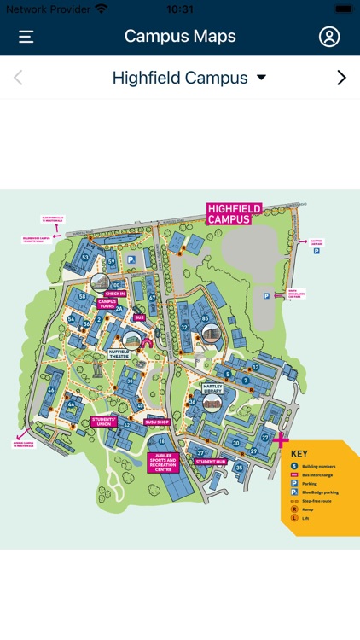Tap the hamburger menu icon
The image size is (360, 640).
[x=26, y=37]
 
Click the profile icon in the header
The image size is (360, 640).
[x=328, y=37]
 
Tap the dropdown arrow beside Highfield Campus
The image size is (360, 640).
[x=261, y=78]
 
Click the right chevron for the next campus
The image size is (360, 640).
[x=341, y=78]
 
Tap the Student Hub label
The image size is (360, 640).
[x=210, y=462]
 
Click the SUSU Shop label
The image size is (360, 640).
[x=158, y=422]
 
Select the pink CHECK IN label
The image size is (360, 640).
[x=115, y=294]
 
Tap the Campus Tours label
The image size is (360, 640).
[x=107, y=304]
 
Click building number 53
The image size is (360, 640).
[x=84, y=257]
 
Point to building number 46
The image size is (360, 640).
[x=51, y=391]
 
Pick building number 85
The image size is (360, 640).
[x=206, y=318]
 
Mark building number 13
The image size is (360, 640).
[x=255, y=367]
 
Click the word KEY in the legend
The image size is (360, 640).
[x=299, y=454]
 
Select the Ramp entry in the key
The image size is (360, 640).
[x=307, y=509]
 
